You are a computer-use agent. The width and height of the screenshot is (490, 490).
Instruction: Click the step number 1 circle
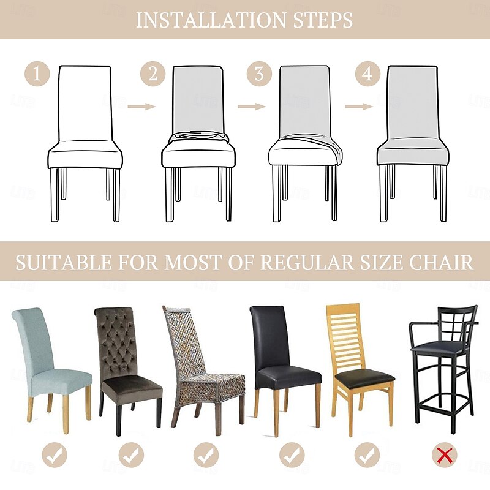tap(37, 74)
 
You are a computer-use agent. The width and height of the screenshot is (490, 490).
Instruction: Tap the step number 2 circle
tap(153, 74)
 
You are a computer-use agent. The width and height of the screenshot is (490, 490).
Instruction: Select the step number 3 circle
tap(259, 74)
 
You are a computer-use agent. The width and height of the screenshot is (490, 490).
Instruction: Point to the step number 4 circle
tap(367, 74)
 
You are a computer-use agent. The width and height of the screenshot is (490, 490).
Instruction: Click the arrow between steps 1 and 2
tap(141, 107)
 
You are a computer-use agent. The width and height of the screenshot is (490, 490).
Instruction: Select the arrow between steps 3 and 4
tap(359, 107)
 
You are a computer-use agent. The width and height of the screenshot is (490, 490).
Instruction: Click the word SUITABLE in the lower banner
tap(64, 262)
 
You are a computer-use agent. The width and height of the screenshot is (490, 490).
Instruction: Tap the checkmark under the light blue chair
tap(55, 455)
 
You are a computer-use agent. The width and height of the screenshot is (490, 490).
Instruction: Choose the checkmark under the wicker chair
tap(206, 455)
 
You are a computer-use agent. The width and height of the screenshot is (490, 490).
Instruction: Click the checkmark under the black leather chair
tap(292, 455)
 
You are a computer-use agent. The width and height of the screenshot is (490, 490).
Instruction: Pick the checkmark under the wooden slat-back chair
tap(367, 455)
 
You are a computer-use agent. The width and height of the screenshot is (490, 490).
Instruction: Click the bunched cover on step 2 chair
tap(198, 137)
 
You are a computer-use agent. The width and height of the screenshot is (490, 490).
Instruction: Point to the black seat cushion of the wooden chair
tap(364, 377)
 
